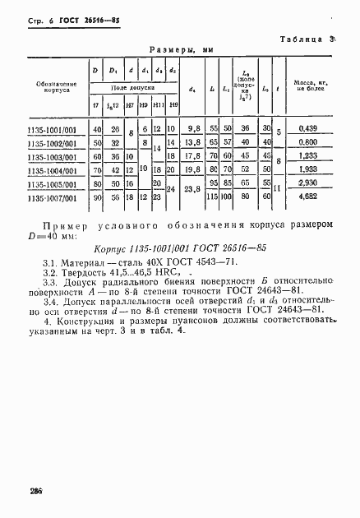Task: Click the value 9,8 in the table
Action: pos(195,128)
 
